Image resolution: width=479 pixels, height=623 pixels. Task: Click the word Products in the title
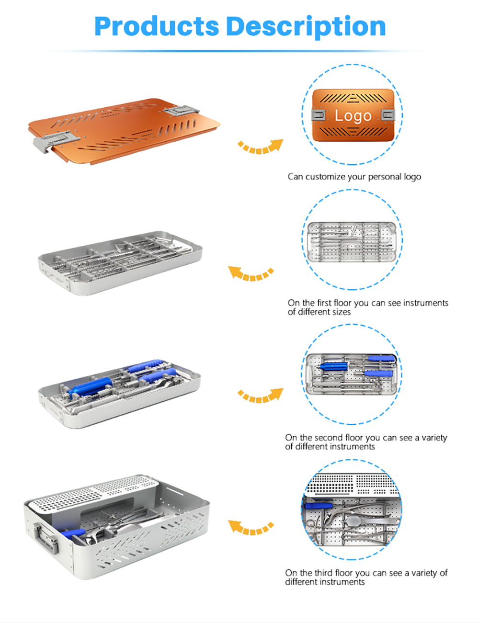157,26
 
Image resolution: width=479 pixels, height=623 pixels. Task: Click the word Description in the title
306,27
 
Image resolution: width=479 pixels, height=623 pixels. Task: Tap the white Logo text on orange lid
353,116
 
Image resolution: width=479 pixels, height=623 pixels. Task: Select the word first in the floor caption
324,303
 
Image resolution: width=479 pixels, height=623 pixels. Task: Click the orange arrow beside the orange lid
260,147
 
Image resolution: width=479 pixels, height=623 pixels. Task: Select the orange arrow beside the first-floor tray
251,273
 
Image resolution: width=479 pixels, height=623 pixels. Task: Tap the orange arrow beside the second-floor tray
260,396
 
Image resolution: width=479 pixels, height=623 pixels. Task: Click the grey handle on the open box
46,537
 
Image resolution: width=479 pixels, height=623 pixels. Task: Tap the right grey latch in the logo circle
388,115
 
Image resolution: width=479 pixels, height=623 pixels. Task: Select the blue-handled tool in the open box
73,533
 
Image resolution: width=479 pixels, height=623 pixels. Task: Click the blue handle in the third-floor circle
319,506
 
